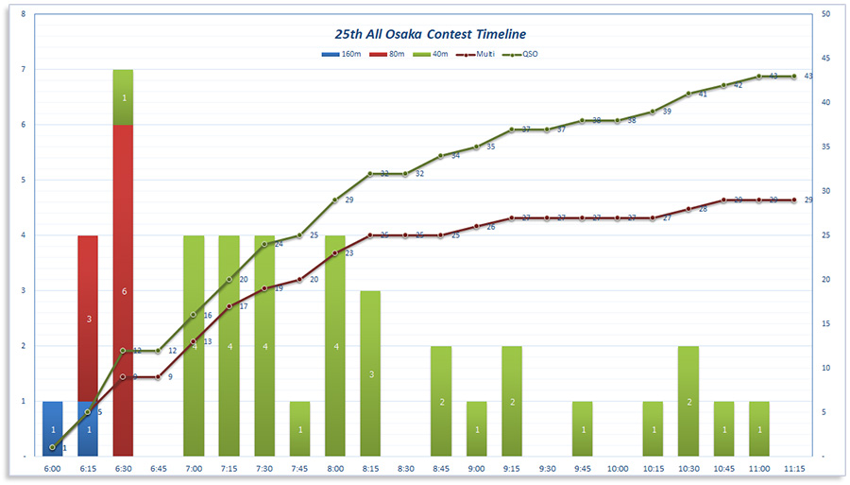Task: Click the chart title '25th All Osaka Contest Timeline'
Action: coord(424,34)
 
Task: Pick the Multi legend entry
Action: coord(477,54)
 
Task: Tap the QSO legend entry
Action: coord(525,54)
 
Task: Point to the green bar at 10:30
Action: coord(688,401)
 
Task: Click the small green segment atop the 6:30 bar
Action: coord(123,96)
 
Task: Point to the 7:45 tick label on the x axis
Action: coord(299,468)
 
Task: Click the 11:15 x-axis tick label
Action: coord(794,468)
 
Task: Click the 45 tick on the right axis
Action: coord(825,59)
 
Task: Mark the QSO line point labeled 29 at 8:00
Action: coord(335,200)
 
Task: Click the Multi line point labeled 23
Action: coord(335,253)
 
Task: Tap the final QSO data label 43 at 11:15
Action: coord(808,76)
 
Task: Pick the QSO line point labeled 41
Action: coord(688,94)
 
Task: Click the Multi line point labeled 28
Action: coord(688,209)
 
